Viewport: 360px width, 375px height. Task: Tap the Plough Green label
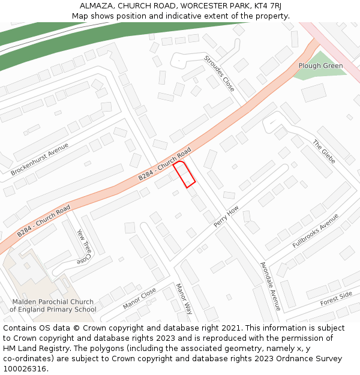320,66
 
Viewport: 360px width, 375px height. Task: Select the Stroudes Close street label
220,73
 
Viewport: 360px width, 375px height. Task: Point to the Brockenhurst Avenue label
40,159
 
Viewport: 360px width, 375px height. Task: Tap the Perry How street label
227,217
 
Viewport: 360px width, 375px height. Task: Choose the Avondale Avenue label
270,286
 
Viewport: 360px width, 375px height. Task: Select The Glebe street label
323,151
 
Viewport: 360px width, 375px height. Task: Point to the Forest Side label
336,298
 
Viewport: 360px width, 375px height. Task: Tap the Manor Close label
140,298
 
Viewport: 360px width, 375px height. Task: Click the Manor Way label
184,299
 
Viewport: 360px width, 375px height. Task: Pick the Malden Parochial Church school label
53,306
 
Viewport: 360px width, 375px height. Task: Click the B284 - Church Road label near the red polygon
164,164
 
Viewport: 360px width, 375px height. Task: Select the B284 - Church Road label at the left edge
44,220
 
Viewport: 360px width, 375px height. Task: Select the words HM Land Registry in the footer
32,348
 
